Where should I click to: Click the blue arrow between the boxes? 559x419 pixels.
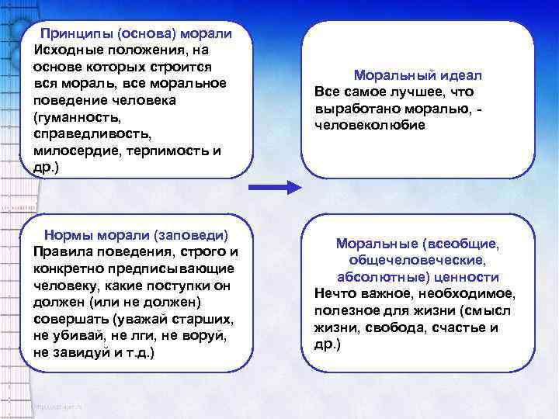click(x=275, y=187)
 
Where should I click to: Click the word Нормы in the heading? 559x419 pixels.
click(x=68, y=234)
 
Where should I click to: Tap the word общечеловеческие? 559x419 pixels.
click(x=417, y=260)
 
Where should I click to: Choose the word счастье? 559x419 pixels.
click(x=457, y=327)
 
